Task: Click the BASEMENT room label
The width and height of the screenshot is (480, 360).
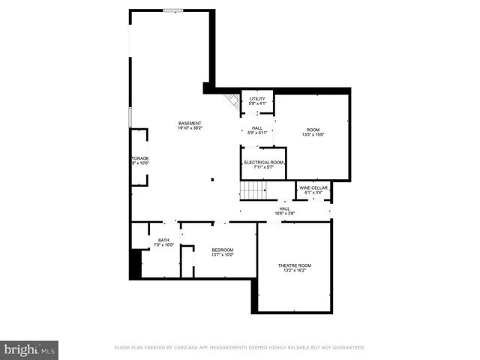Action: click(x=189, y=123)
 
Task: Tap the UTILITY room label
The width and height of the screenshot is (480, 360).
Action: click(x=257, y=98)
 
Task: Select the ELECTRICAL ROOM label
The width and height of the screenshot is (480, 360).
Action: click(x=263, y=162)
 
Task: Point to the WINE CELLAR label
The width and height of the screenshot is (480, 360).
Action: click(x=313, y=187)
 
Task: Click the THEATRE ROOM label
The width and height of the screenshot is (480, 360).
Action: click(x=294, y=265)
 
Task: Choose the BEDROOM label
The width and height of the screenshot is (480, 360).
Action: click(x=222, y=250)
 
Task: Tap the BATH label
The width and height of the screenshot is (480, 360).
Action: click(x=163, y=240)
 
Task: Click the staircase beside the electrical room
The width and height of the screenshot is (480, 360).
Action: click(x=253, y=190)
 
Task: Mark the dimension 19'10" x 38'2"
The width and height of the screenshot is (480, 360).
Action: click(x=189, y=128)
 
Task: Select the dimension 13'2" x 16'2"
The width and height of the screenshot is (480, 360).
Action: click(x=294, y=271)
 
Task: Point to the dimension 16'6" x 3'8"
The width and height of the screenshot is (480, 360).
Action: click(x=285, y=214)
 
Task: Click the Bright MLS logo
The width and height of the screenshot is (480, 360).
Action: click(x=29, y=349)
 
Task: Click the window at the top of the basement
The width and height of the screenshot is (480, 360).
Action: click(x=173, y=10)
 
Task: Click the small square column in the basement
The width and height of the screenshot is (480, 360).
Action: click(x=213, y=179)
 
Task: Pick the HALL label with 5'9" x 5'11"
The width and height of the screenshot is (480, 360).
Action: click(x=257, y=128)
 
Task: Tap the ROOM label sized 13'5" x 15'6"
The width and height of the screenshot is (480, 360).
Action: click(x=313, y=130)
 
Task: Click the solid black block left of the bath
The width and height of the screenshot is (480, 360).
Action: click(x=136, y=263)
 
